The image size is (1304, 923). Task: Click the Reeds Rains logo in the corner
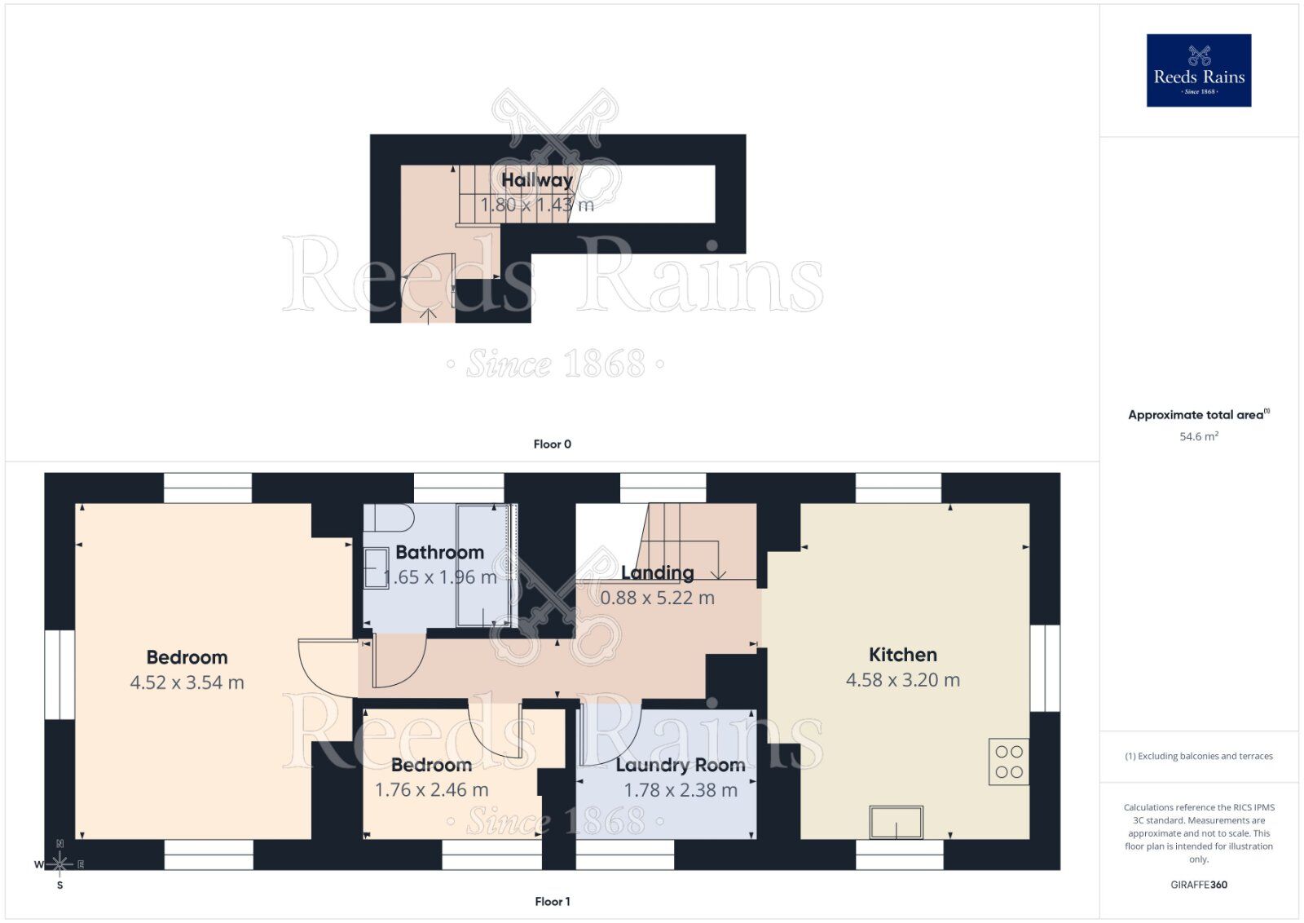click(x=1199, y=70)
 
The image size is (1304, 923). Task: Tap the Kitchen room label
click(x=902, y=655)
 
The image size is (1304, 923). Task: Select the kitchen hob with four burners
click(x=1008, y=762)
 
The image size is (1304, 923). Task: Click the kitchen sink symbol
click(x=896, y=822)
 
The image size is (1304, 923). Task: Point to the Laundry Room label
click(x=680, y=765)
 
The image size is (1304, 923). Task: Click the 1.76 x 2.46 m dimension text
click(x=431, y=790)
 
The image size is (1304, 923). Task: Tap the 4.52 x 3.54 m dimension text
click(x=187, y=682)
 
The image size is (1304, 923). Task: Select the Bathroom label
click(x=439, y=552)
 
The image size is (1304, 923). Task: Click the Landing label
click(x=657, y=572)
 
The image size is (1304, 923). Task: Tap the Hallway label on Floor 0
click(x=536, y=179)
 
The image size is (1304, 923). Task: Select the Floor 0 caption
click(x=552, y=444)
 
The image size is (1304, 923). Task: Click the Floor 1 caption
click(x=552, y=901)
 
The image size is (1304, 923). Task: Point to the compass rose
click(x=59, y=863)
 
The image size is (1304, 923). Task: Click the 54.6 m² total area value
click(x=1198, y=436)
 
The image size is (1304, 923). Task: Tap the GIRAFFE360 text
click(x=1198, y=885)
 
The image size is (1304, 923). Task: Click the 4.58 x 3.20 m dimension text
click(x=902, y=680)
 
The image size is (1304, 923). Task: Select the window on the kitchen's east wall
click(x=1044, y=668)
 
